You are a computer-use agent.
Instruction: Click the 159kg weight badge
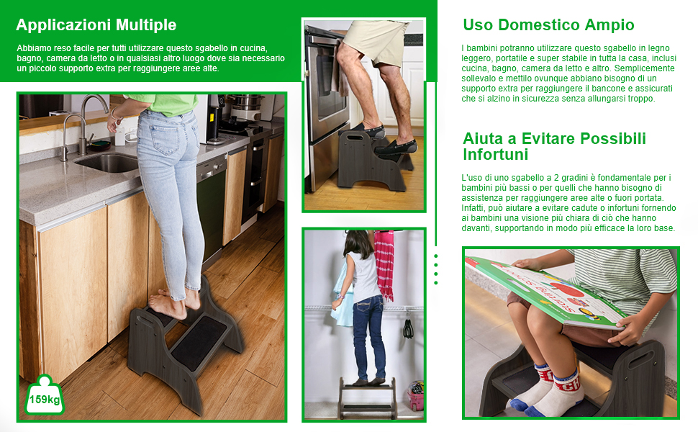[44, 396]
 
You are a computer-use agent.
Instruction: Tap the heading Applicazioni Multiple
[96, 25]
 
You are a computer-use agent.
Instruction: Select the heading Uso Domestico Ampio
[548, 25]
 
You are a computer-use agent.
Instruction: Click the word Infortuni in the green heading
[496, 155]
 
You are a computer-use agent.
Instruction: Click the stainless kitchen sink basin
[109, 163]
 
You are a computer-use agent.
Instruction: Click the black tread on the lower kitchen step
[199, 342]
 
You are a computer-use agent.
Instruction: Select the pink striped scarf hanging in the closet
[384, 264]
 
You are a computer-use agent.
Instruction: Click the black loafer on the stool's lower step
[395, 148]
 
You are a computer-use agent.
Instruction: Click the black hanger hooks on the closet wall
[408, 325]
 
